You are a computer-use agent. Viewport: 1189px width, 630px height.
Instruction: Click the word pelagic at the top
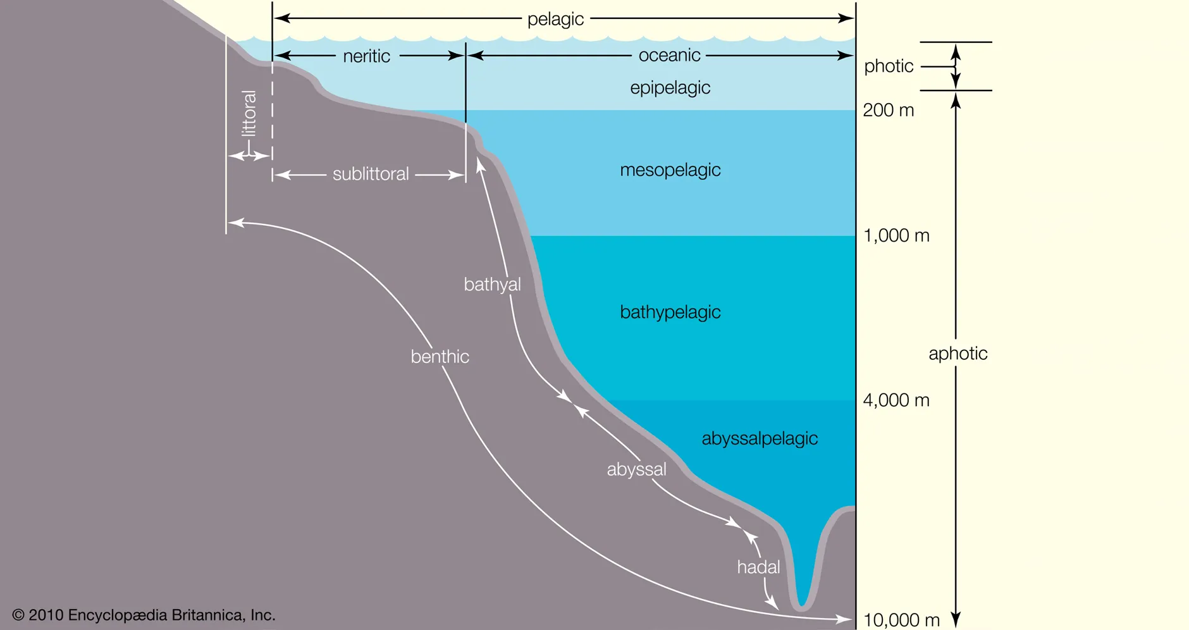pos(555,19)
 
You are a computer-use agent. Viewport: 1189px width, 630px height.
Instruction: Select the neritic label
pos(366,56)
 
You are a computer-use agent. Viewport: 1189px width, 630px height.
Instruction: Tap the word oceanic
pos(669,56)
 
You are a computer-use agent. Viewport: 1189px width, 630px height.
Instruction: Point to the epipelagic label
pos(670,87)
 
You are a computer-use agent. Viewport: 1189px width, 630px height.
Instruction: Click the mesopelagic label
pos(670,170)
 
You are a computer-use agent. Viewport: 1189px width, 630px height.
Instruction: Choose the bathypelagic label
pos(670,312)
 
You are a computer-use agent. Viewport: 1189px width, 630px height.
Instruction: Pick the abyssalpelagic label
pos(759,438)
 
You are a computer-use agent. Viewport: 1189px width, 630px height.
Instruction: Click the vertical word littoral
pos(249,113)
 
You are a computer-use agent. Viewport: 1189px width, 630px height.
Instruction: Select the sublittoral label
pos(371,174)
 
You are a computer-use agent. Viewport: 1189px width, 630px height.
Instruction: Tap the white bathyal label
pos(492,285)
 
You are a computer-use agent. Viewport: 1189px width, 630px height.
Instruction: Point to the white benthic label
pos(440,357)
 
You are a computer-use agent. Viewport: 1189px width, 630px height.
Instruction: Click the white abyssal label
pos(636,469)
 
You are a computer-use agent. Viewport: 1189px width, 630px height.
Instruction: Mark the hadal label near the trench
pos(758,567)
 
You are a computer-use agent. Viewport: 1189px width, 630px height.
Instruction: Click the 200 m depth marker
pos(888,110)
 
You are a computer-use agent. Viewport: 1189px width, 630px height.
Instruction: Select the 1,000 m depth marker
pos(896,236)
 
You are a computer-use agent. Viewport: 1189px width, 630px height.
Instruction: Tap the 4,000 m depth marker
pos(896,400)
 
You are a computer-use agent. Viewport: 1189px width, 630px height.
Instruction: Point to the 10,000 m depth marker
pos(901,620)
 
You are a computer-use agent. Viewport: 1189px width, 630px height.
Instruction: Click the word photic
pos(889,66)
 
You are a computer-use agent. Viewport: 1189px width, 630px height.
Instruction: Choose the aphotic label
pos(958,354)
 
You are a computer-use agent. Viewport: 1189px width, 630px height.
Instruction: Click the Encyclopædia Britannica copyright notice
pos(144,615)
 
